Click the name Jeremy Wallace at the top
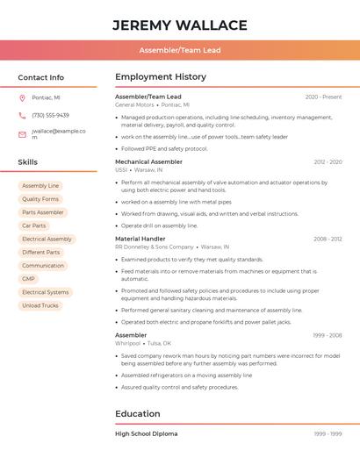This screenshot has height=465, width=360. pyautogui.click(x=180, y=25)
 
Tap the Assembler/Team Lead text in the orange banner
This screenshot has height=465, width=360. pyautogui.click(x=180, y=51)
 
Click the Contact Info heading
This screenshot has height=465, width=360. pyautogui.click(x=40, y=77)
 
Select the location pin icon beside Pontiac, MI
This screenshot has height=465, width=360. pyautogui.click(x=22, y=97)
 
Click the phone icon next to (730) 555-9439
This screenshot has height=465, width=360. pyautogui.click(x=22, y=116)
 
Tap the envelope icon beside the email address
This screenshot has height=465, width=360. pyautogui.click(x=22, y=134)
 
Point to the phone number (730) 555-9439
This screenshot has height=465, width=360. pyautogui.click(x=50, y=116)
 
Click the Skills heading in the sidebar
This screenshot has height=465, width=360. pyautogui.click(x=28, y=162)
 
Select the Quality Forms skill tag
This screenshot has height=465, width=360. pyautogui.click(x=40, y=199)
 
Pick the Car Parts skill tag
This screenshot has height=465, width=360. pyautogui.click(x=33, y=225)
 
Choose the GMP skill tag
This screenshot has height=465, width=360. pyautogui.click(x=29, y=279)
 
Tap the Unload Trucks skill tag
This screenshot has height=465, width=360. pyautogui.click(x=40, y=305)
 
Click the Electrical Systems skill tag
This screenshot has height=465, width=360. pyautogui.click(x=46, y=292)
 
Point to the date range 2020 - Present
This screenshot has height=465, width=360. pyautogui.click(x=323, y=97)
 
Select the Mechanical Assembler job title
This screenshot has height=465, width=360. pyautogui.click(x=148, y=162)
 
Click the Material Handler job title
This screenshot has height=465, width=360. pyautogui.click(x=140, y=239)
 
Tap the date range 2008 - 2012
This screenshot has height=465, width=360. pyautogui.click(x=328, y=239)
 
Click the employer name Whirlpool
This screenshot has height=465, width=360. pyautogui.click(x=128, y=343)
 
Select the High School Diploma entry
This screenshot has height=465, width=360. pyautogui.click(x=146, y=433)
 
